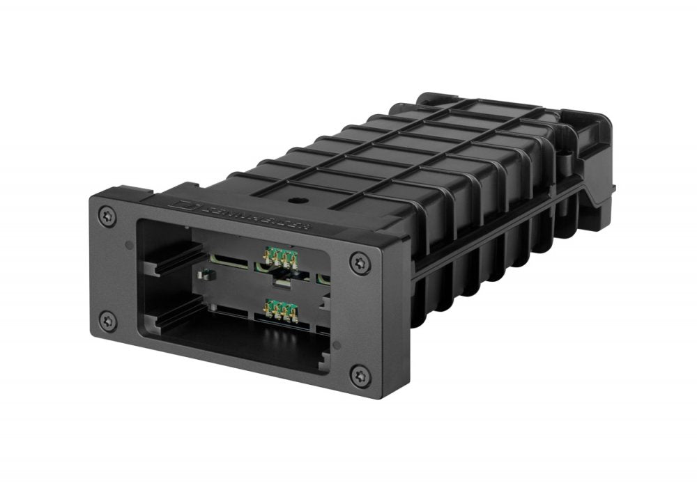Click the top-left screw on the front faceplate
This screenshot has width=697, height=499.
107,214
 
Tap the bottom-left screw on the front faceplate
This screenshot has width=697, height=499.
107,321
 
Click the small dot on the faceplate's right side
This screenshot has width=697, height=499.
337,344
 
